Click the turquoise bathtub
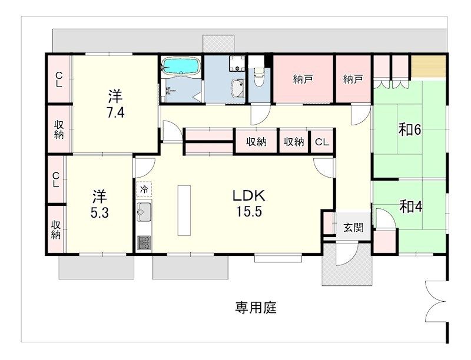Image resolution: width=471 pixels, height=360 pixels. coord(181,66)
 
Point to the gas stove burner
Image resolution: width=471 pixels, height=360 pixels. coord(144,243)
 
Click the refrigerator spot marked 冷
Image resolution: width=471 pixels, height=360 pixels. coord(144,189)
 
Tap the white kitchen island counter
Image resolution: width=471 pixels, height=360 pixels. coord(184,211)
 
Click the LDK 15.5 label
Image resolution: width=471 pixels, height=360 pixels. coord(249,204)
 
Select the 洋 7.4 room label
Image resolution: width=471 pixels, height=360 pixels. coord(115,104)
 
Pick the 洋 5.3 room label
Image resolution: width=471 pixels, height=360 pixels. coord(99,204)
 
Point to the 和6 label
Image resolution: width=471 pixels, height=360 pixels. coord(410,129)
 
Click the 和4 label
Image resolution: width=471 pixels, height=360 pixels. coord(410,206)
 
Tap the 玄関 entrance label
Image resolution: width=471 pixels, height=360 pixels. coord(353,228)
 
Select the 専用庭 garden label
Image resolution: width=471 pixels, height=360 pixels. coord(256,308)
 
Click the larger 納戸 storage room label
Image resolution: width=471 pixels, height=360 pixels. coord(303,79)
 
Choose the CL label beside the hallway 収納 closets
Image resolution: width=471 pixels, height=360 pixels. coord(321,142)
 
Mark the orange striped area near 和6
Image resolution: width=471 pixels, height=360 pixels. coord(428,68)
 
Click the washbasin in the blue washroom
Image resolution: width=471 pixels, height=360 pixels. coord(239,88)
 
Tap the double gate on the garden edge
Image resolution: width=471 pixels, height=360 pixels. coord(436,302)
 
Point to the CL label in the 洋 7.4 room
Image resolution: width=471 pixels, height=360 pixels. coord(59,79)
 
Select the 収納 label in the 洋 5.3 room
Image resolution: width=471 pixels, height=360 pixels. coord(56,230)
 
